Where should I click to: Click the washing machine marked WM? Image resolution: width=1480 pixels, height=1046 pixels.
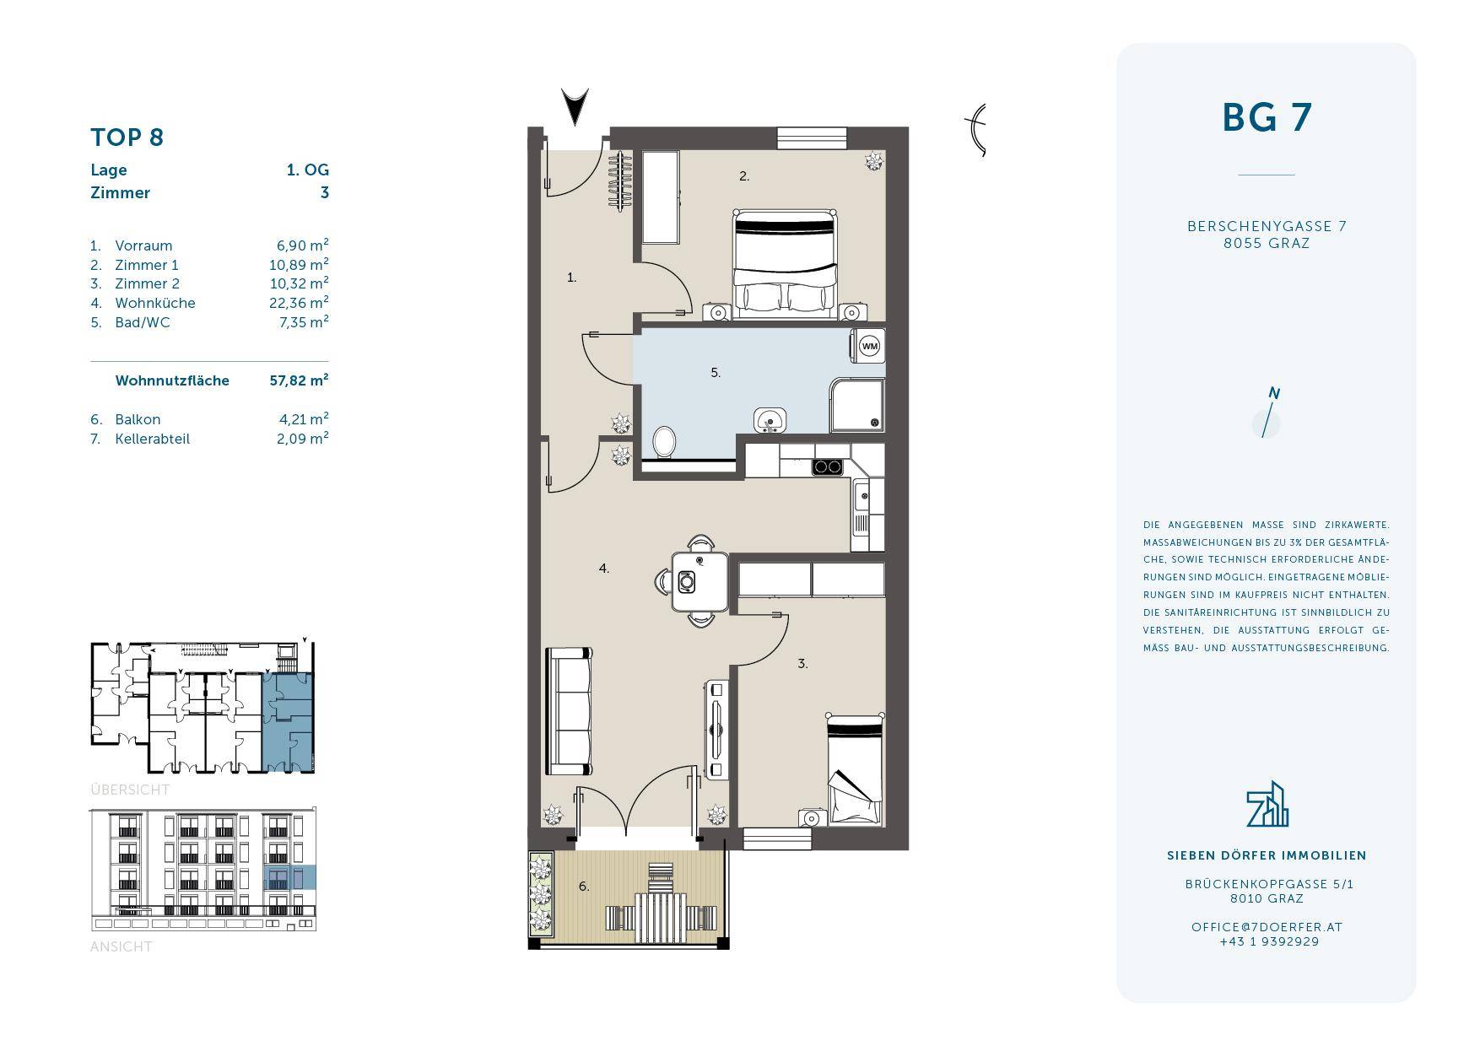point(868,346)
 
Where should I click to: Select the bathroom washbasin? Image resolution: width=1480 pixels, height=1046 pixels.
point(770,419)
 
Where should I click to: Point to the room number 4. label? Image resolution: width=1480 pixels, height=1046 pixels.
point(604,569)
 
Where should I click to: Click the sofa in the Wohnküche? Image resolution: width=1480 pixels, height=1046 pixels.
point(569,710)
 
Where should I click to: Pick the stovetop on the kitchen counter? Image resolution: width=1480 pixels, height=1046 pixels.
point(828,466)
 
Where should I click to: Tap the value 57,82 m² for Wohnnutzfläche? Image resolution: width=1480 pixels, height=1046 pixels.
point(299,380)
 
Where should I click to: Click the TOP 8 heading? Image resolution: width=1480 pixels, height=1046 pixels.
point(127,137)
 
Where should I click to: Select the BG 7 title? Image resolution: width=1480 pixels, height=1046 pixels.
point(1267,117)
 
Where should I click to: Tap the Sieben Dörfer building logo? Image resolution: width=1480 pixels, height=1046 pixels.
point(1267,804)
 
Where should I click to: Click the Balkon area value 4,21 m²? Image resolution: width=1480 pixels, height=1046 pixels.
point(302,419)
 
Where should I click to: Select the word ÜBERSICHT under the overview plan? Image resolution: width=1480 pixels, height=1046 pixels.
point(130,790)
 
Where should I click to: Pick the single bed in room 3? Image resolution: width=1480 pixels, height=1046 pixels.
point(856,768)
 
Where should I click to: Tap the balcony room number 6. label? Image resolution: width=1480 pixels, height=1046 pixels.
point(584,886)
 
